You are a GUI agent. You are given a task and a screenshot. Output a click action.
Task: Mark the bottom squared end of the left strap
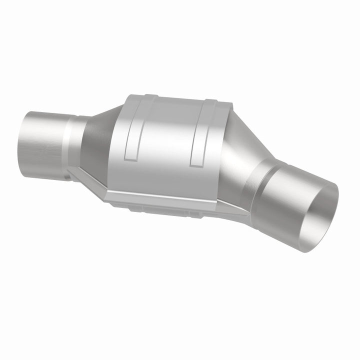pyautogui.click(x=131, y=159)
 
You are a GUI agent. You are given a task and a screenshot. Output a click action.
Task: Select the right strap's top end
pyautogui.click(x=210, y=103)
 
